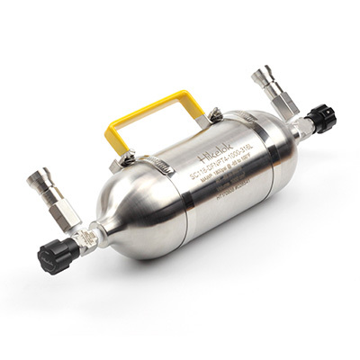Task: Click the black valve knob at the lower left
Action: pyautogui.click(x=57, y=256)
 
